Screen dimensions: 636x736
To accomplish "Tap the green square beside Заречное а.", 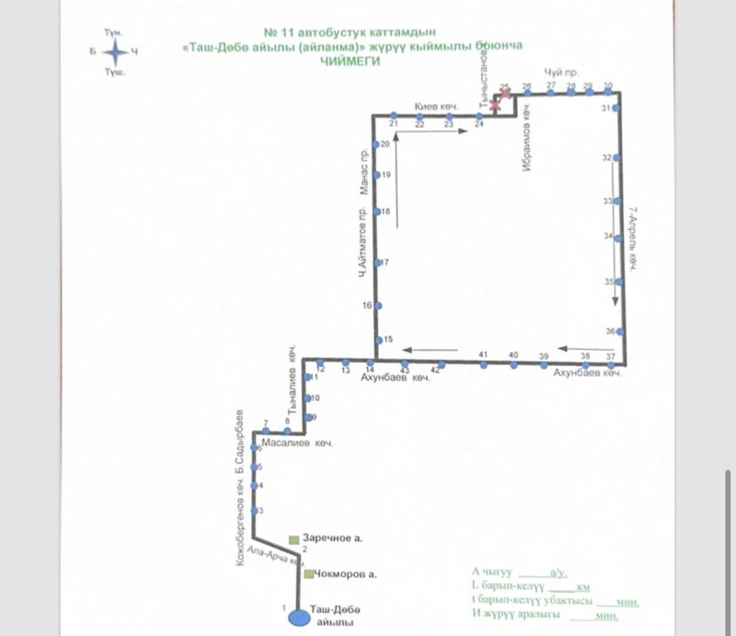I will coord(293,538).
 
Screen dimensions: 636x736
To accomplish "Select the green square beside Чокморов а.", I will coord(307,574).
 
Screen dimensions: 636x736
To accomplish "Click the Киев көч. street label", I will coord(436,108).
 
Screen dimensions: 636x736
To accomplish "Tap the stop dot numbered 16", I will coord(377,306).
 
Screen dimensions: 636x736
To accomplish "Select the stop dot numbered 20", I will coord(377,145).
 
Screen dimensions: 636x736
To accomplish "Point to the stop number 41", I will coord(482,354).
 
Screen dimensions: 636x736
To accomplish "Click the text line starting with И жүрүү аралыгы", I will coord(543,615).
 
